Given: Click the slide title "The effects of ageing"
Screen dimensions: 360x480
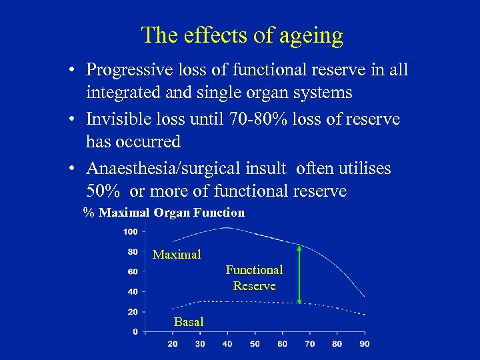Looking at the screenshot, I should point(242,35).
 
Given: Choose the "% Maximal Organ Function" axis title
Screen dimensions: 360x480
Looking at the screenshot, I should point(164,213).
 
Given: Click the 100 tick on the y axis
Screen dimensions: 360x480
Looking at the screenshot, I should point(130,232).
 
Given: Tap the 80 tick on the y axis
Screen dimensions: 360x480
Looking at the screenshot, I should point(132,252).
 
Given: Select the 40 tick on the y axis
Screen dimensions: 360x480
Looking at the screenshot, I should point(132,291).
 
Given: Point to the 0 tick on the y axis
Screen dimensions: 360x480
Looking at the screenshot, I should point(135,331).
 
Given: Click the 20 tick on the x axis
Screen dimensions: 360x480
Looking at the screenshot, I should point(172,344).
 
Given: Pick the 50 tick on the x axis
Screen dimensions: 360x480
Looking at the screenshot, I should point(254,344).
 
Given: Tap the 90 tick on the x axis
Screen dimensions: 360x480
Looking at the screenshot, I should point(364,344).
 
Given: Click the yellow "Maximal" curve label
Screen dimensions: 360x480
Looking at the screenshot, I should point(177,255).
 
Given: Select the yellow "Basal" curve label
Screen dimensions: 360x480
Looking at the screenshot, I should point(189,322).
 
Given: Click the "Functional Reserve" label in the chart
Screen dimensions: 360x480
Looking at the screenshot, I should point(254,277).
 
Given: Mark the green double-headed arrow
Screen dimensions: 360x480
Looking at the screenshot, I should point(299,275).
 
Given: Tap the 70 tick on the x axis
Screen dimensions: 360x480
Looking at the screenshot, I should point(309,344).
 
